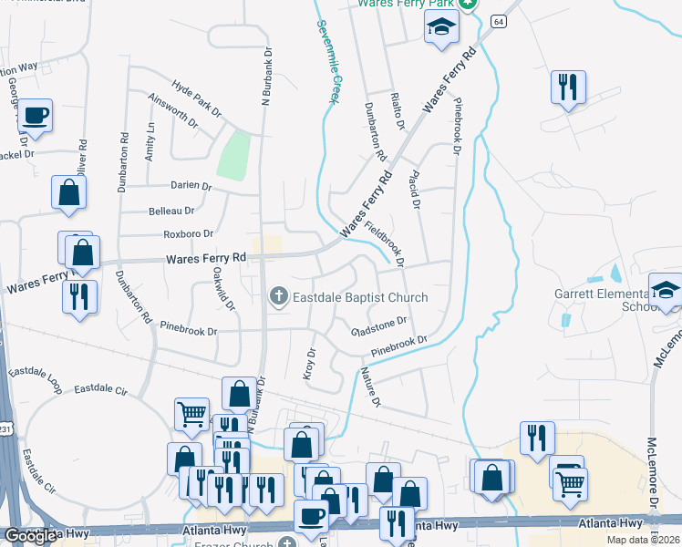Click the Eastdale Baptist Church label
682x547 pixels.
[359, 297]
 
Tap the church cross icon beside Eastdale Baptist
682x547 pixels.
[278, 295]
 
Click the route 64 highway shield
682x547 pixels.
[498, 20]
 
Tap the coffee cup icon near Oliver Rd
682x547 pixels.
[36, 116]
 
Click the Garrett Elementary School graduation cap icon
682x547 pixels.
[666, 291]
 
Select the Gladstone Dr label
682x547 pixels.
[378, 326]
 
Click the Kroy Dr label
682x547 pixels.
[308, 365]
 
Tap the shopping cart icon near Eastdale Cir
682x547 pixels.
[191, 414]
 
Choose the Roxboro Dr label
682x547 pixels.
[189, 234]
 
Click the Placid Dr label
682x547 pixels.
[415, 190]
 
